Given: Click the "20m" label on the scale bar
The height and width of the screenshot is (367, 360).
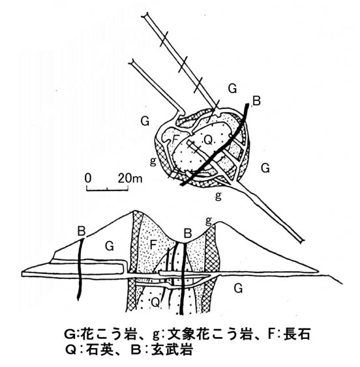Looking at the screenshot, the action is (x=130, y=179).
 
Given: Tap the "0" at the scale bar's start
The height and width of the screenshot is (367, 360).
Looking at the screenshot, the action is (x=88, y=179).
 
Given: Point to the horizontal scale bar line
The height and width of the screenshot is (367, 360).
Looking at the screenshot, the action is (x=107, y=190).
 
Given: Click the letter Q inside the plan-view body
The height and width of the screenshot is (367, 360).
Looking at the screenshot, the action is (x=208, y=140).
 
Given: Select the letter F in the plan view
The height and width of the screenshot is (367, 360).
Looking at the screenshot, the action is (x=175, y=139).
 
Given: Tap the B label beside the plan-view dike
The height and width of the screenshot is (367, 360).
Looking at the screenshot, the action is (x=256, y=101).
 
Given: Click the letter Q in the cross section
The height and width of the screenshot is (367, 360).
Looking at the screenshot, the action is (x=155, y=302).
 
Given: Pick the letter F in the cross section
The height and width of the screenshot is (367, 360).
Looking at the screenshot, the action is (x=153, y=245).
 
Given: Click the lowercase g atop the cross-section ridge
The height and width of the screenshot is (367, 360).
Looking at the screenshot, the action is (x=208, y=221).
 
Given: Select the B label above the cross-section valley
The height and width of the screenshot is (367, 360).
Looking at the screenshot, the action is (x=188, y=233).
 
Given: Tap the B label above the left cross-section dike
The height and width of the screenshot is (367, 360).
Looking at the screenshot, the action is (x=82, y=231).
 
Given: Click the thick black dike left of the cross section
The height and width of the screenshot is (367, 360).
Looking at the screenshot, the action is (x=80, y=269).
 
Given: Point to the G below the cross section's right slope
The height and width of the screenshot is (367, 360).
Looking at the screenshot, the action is (x=238, y=288).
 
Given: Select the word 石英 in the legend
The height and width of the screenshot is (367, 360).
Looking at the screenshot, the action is (x=100, y=350).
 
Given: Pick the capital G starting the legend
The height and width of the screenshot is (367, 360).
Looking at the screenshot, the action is (x=69, y=334).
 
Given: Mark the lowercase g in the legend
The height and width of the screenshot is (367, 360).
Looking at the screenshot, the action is (x=156, y=335).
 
